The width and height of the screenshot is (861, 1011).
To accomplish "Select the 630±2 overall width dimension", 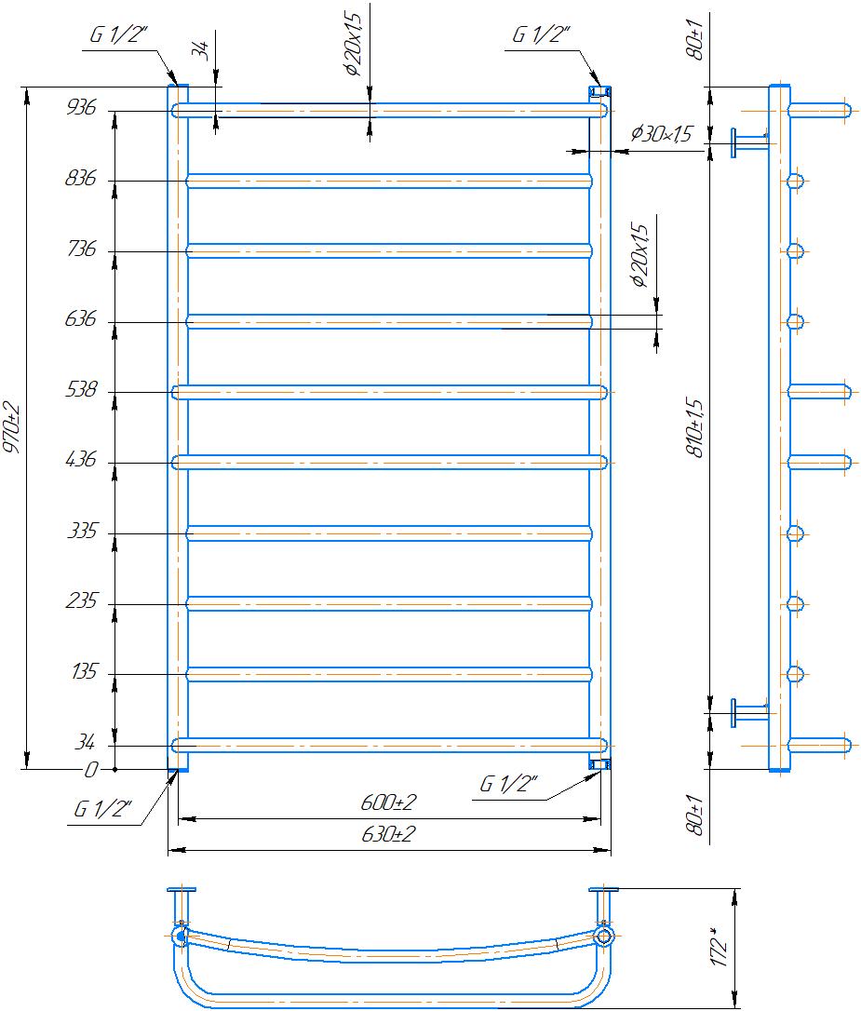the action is [x=388, y=834].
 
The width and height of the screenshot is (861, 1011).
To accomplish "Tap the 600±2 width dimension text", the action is [x=388, y=802].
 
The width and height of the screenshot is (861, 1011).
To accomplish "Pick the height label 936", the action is [x=81, y=107].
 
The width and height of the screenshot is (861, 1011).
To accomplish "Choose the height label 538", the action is [x=81, y=389].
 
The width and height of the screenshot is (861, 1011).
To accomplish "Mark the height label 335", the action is [x=83, y=532].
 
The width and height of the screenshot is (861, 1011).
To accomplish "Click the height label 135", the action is [x=85, y=672].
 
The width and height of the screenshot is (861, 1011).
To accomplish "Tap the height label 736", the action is [x=81, y=249].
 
